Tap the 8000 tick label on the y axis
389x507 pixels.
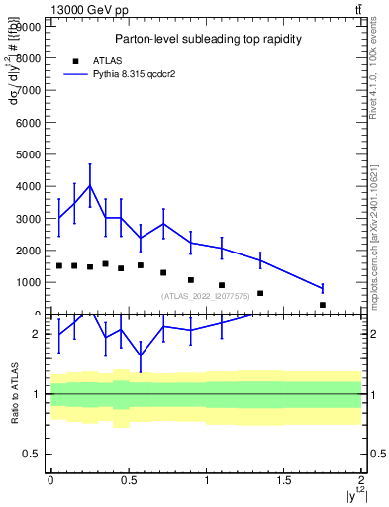click(28, 58)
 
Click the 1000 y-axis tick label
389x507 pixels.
click(28, 282)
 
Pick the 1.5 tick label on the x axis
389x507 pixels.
click(284, 480)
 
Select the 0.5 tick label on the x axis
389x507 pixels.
click(128, 480)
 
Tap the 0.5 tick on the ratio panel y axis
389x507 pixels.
click(32, 454)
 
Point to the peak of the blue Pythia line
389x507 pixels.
click(90, 185)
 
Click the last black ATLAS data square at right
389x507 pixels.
click(323, 305)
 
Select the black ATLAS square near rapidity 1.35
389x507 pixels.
click(260, 293)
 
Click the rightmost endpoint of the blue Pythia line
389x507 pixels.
click(323, 288)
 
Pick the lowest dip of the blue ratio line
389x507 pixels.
click(141, 355)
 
